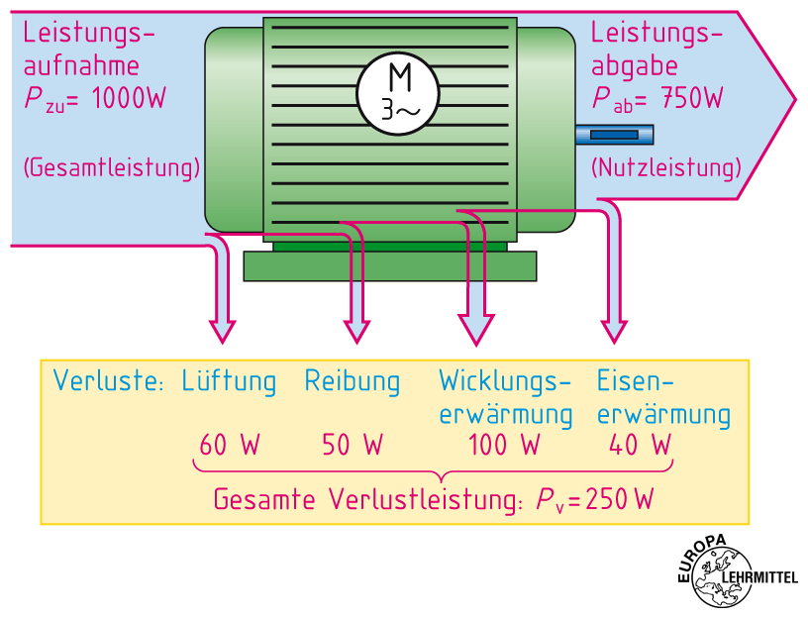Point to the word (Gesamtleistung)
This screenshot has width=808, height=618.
point(111,166)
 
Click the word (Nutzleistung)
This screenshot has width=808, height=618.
point(665,166)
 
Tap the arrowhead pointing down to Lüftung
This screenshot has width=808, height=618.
point(223,330)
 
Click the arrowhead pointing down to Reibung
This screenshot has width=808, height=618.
point(355,331)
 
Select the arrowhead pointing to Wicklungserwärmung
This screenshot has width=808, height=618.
point(476,331)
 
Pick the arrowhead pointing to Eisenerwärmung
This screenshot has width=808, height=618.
point(615,331)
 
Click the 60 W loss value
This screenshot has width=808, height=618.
point(229,446)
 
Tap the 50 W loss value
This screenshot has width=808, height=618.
point(352,446)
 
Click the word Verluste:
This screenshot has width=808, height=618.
point(108,381)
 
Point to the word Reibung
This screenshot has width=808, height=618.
point(353,381)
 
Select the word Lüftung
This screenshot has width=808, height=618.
point(229,381)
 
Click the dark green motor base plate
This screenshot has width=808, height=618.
point(390,265)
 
